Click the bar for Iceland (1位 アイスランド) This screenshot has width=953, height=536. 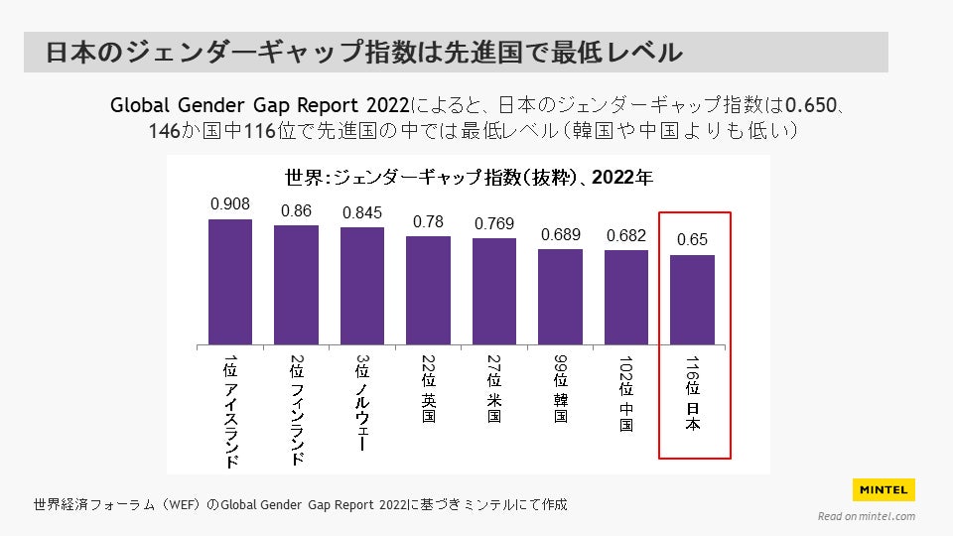click(230, 282)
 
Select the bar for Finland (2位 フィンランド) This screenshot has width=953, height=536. click(296, 285)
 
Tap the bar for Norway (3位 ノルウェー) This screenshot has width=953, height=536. click(362, 286)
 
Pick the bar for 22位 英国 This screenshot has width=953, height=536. click(428, 290)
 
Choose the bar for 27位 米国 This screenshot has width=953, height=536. click(494, 291)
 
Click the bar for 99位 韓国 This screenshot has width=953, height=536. click(560, 297)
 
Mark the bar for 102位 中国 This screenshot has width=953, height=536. click(626, 297)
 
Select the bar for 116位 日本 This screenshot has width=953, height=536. click(692, 300)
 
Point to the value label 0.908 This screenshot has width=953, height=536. click(230, 203)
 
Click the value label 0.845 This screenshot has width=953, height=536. click(362, 212)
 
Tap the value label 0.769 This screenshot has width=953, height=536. click(494, 223)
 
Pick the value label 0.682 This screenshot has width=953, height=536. click(626, 235)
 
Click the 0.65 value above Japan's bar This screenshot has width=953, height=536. click(692, 240)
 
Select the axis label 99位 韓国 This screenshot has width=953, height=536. click(561, 388)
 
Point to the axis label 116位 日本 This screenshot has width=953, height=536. click(693, 393)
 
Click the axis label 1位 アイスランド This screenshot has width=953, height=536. click(230, 410)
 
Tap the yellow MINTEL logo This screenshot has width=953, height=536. click(884, 489)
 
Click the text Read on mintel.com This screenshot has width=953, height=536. click(866, 516)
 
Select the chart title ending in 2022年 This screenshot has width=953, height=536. click(469, 179)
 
